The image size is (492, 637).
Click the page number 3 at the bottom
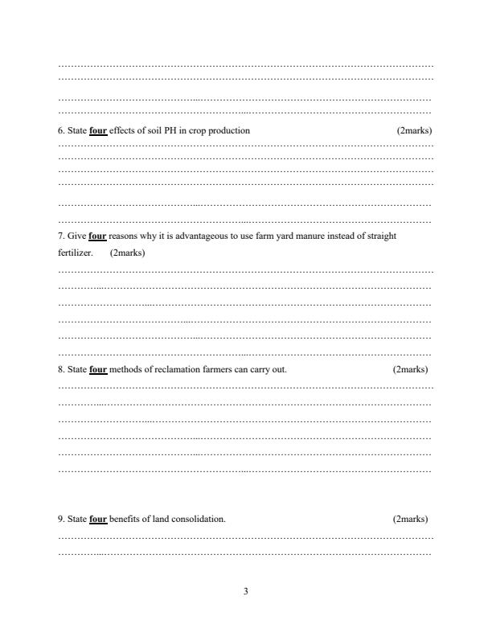(246, 592)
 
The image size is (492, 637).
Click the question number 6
(61, 130)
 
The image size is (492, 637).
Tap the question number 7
(61, 236)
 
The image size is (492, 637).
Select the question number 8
(61, 370)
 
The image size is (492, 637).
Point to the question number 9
(61, 519)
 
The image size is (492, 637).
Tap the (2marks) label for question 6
(415, 130)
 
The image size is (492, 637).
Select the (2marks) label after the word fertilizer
(127, 253)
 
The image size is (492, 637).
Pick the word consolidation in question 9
(202, 519)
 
